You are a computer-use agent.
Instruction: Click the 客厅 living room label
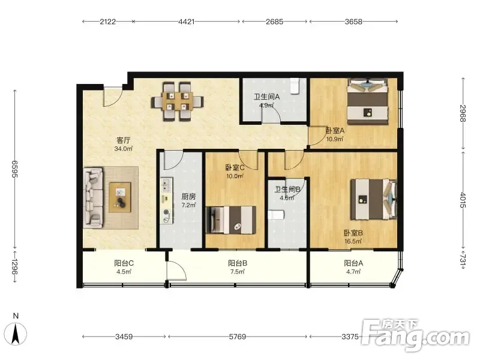tap(124, 140)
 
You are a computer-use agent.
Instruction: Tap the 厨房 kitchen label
tap(188, 197)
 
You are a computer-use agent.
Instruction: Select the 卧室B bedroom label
tap(353, 233)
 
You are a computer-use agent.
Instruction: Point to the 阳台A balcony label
tap(353, 263)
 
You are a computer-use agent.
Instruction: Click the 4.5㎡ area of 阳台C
tap(124, 272)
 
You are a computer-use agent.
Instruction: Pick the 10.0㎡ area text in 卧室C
tap(235, 176)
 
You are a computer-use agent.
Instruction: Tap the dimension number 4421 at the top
tap(186, 22)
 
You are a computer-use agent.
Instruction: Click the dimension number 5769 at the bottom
tap(237, 337)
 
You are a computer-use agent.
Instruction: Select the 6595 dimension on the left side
tap(14, 169)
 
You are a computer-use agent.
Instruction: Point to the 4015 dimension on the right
tap(463, 200)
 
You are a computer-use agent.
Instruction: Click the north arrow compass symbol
tap(16, 331)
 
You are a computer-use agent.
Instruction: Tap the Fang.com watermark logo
tap(415, 335)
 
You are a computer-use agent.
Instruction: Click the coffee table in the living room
tap(120, 197)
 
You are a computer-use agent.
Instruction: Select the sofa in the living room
tap(93, 197)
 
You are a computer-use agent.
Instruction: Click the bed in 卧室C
tap(231, 220)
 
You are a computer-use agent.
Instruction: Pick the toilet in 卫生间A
tap(295, 85)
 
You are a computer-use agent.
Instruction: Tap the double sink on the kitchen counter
tap(166, 185)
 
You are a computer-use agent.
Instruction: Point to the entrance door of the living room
tap(113, 97)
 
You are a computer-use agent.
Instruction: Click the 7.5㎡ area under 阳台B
tap(238, 272)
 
